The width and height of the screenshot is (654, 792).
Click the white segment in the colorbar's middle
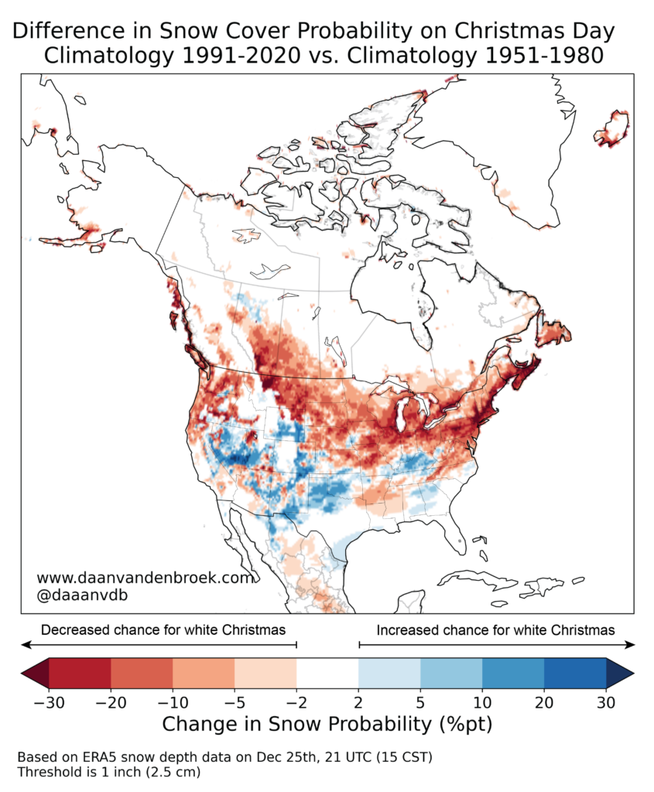(327, 673)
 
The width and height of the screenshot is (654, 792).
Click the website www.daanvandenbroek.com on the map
(145, 578)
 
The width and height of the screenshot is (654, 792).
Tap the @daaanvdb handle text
(80, 596)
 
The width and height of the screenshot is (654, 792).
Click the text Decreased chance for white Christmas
(163, 630)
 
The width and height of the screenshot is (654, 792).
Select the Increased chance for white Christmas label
(496, 630)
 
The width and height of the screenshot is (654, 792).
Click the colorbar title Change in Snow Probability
(326, 725)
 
